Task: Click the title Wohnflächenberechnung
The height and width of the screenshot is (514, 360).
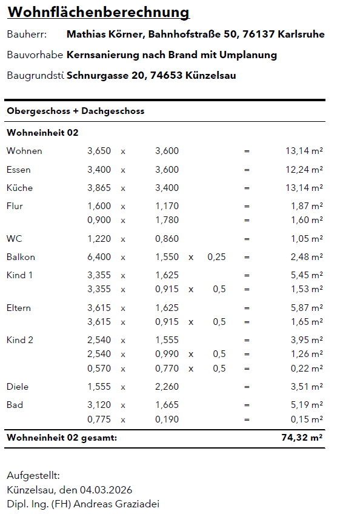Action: [98, 13]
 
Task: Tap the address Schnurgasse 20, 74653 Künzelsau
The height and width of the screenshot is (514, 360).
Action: [151, 76]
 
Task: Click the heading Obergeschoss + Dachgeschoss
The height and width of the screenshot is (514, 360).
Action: [75, 112]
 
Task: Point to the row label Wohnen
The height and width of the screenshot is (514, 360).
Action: [24, 151]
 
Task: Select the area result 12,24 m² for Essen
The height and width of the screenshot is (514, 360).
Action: [304, 170]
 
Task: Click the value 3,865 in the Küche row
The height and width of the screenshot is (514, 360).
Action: [99, 188]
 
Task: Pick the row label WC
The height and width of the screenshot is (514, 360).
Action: [14, 239]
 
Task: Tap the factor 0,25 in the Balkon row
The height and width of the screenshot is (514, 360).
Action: [216, 257]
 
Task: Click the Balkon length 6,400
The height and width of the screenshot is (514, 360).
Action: [99, 257]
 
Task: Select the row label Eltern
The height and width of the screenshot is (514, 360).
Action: [19, 308]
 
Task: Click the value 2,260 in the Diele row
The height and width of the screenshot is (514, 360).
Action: [167, 387]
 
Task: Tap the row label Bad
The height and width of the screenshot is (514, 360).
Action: [15, 405]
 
